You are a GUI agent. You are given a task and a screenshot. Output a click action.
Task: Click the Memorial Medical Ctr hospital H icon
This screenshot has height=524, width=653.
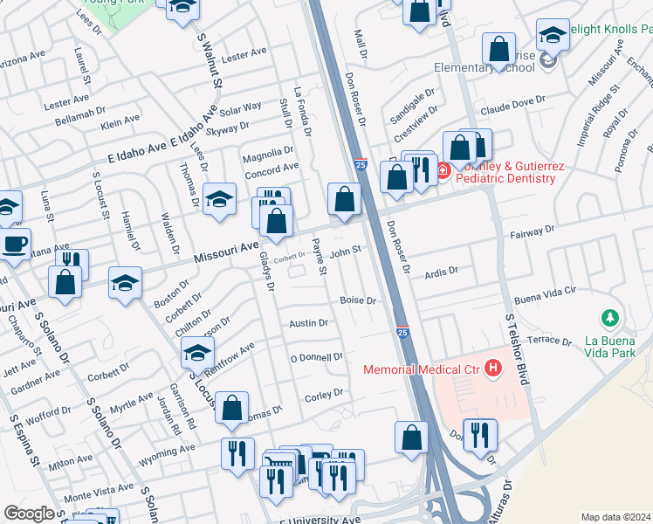[493, 369]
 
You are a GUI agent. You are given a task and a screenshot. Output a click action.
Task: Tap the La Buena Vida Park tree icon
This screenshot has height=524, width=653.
[612, 317]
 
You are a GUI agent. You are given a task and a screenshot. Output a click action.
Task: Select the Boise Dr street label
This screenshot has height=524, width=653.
[358, 300]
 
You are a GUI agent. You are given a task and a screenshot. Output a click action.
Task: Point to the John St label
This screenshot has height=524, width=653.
[346, 252]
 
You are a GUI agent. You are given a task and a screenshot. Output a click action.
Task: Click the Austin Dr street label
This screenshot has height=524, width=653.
[309, 323]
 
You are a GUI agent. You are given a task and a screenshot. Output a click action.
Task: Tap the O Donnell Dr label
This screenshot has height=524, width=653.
[317, 357]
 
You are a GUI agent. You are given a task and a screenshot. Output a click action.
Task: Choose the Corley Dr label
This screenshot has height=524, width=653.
[325, 396]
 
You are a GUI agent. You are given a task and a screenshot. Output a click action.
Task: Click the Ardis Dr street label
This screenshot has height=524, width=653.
[440, 272]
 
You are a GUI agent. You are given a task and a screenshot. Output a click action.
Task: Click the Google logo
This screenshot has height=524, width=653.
[29, 514]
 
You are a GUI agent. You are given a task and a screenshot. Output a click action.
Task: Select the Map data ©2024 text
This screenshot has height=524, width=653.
[615, 517]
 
